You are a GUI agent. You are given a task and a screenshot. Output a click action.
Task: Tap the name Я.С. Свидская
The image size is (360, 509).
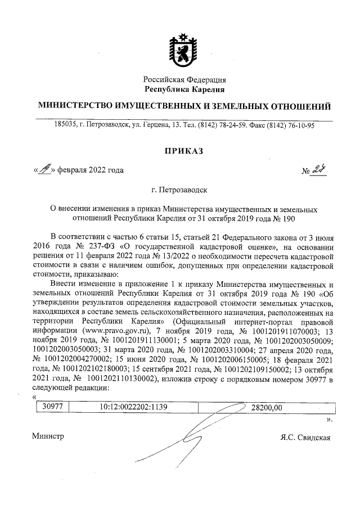(x=304, y=437)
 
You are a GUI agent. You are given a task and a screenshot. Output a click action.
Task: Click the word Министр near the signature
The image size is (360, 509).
(x=48, y=436)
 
